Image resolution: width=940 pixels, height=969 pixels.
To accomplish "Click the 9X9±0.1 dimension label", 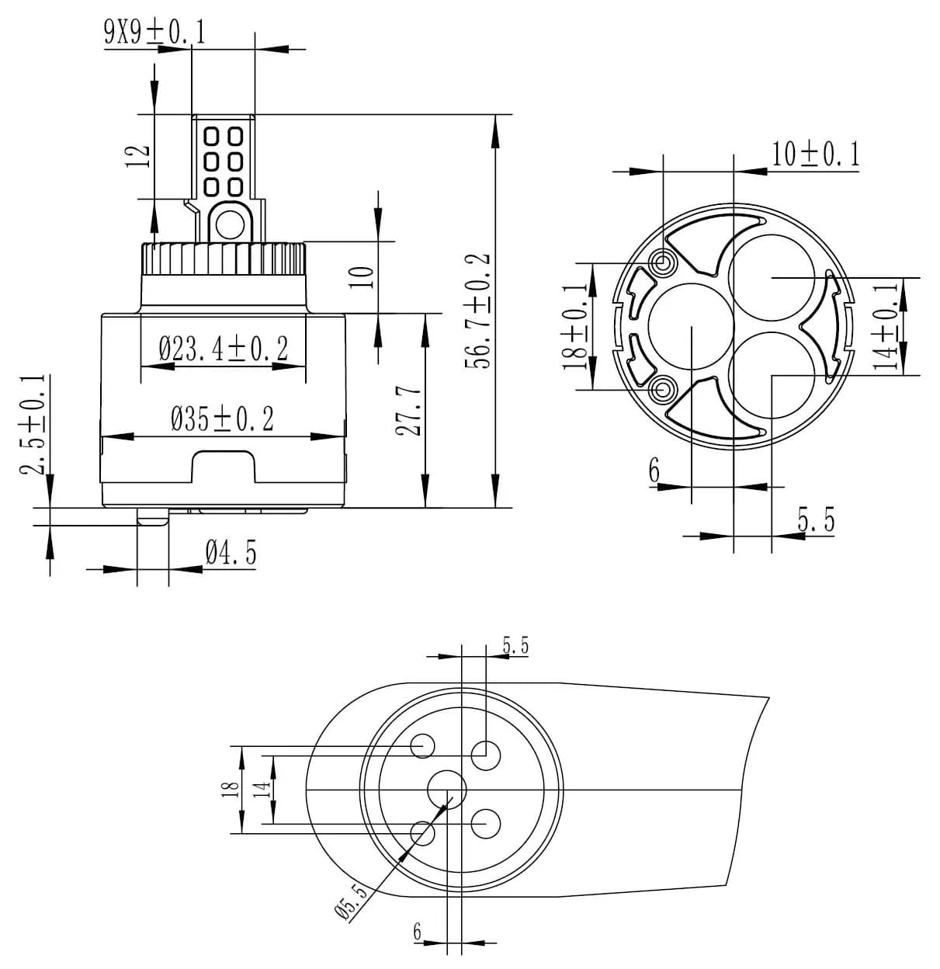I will click(x=154, y=32).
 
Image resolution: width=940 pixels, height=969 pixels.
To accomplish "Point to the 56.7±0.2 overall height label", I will click(x=480, y=311).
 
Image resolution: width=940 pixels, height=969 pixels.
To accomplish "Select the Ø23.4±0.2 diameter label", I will click(x=224, y=349).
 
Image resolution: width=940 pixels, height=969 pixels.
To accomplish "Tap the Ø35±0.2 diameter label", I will click(x=224, y=420).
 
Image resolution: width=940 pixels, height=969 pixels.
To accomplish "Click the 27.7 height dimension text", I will click(x=410, y=412).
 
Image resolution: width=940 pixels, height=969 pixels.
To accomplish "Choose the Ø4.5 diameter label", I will click(x=231, y=554).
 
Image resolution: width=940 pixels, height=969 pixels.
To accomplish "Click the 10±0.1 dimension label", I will click(x=816, y=155).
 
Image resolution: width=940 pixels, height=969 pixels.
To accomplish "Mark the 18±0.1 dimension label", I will click(x=578, y=326).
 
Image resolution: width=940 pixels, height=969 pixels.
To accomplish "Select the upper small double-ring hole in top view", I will click(x=664, y=262).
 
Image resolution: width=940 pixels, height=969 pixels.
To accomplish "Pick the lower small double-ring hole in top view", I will click(x=664, y=388).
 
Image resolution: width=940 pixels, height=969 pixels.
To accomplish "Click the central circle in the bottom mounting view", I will click(x=447, y=790).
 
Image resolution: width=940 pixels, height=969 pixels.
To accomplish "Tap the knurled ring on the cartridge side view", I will click(x=224, y=257).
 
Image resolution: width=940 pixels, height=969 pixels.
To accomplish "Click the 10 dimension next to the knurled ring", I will click(x=363, y=276).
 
